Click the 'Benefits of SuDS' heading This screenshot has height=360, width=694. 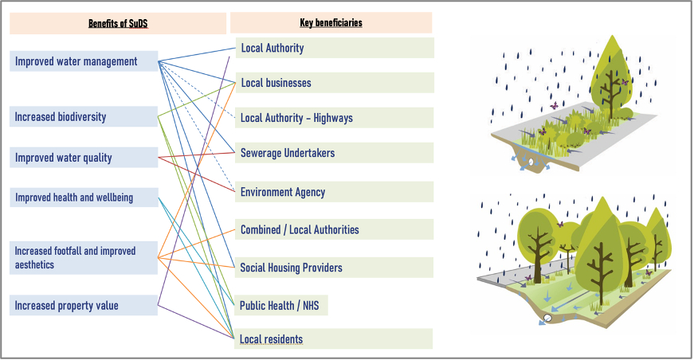pos(118,24)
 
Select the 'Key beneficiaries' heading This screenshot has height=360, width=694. pos(331,23)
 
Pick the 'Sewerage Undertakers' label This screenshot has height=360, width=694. pos(288,153)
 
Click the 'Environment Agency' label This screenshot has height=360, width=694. pos(283,192)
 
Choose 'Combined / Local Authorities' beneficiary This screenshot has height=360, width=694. pos(300,229)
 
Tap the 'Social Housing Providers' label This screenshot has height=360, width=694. pos(292,268)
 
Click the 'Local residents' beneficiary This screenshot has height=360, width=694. pos(272,339)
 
